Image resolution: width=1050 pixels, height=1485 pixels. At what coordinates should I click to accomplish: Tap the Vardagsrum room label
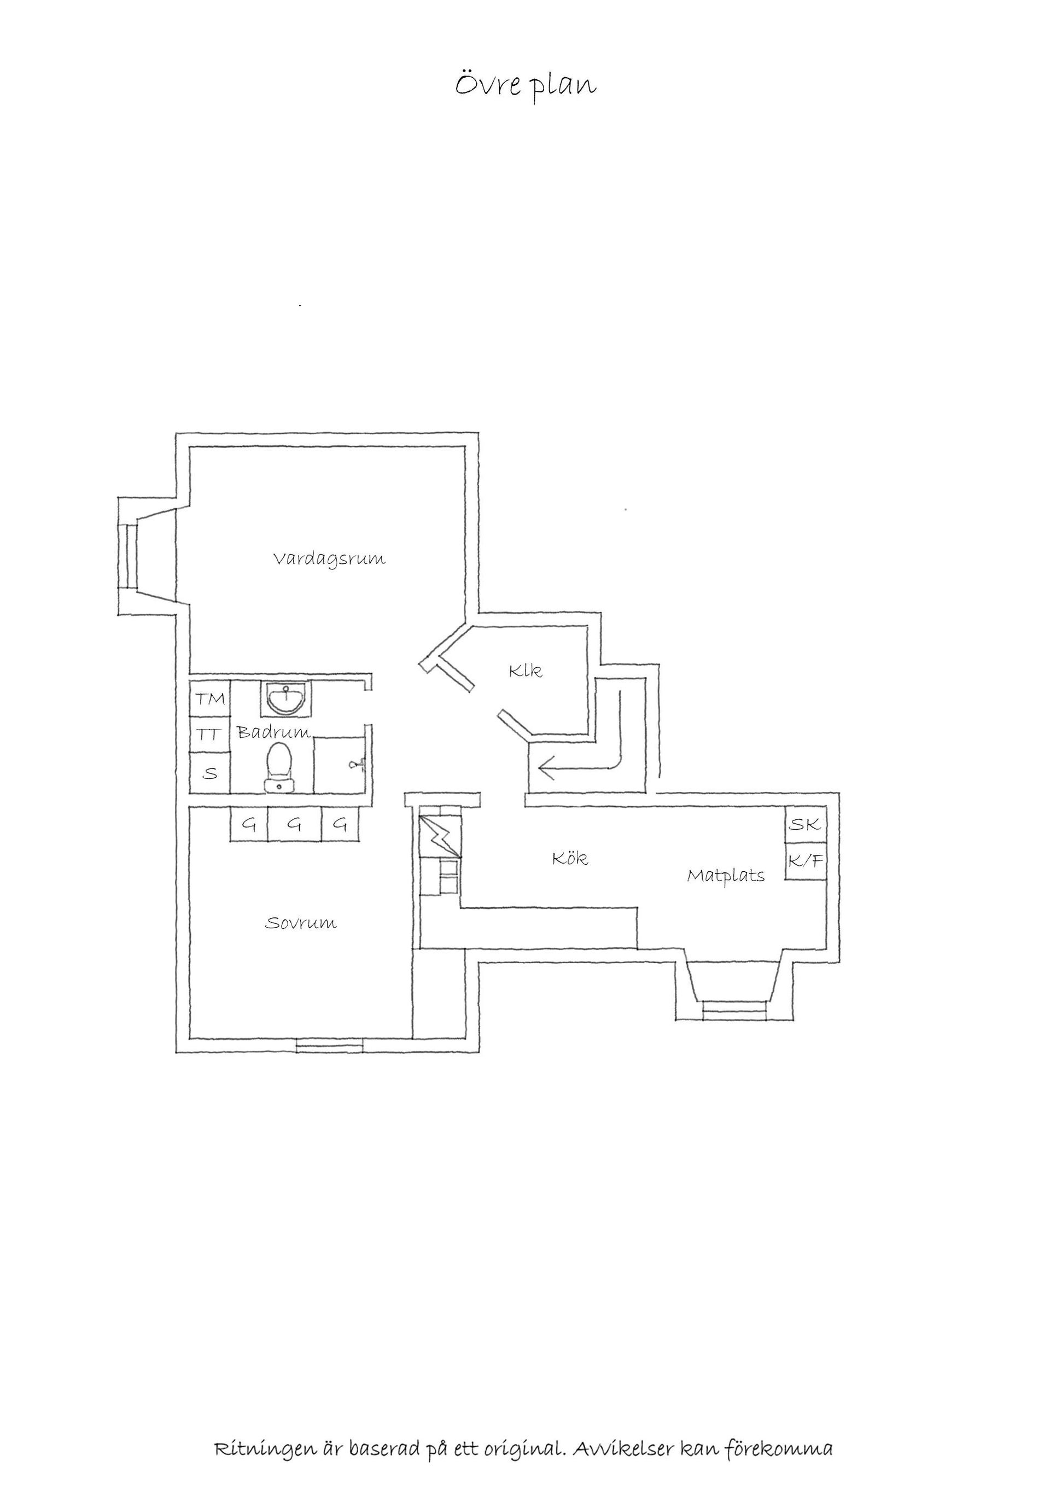(x=329, y=559)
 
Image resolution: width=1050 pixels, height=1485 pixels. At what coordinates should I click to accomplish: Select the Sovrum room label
(x=301, y=923)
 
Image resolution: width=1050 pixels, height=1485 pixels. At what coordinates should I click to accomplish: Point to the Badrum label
(x=274, y=732)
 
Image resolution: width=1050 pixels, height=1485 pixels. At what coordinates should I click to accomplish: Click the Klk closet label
(x=525, y=671)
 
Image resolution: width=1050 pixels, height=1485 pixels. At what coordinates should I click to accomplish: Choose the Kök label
(x=570, y=858)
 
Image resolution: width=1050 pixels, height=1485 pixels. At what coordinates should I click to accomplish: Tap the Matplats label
(x=726, y=876)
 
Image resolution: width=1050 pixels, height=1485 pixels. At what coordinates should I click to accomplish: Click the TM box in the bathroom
(x=210, y=698)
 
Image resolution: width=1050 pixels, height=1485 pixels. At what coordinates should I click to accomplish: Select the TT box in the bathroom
(x=210, y=734)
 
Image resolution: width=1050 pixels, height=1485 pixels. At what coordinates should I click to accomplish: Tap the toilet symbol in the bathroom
(x=279, y=767)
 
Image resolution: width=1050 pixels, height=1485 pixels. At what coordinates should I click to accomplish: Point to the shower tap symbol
(x=358, y=765)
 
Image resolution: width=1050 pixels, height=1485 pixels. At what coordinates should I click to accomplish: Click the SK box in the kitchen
(x=806, y=824)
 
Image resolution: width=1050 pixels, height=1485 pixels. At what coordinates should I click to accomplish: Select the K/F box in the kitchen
(x=806, y=861)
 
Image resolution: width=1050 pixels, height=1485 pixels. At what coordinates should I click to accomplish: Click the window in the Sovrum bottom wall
(x=330, y=1045)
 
